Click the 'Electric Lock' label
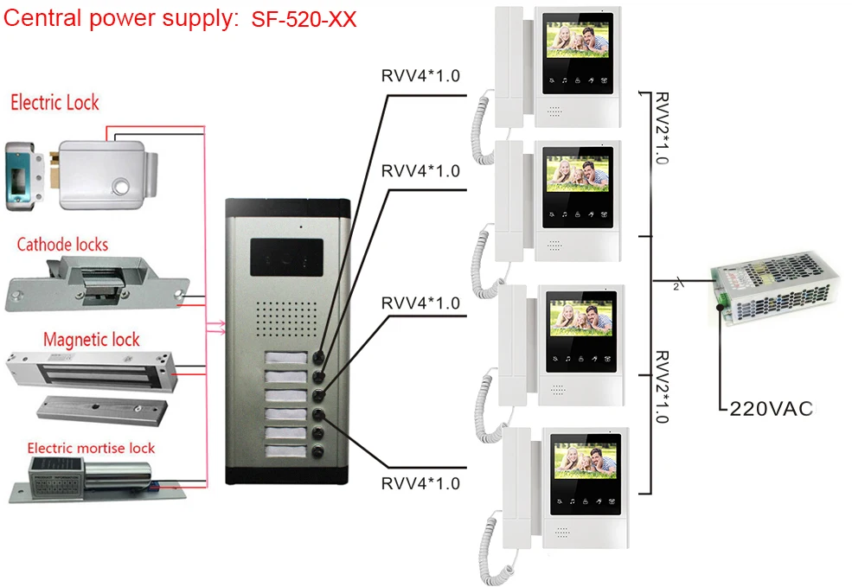[x=54, y=103]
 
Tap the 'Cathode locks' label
[x=62, y=245]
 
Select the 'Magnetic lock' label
[x=92, y=339]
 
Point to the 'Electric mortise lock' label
[x=91, y=448]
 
